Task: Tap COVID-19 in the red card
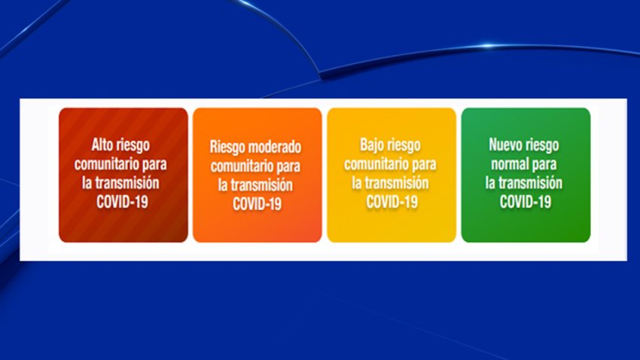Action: [122, 202]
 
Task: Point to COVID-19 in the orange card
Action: [258, 203]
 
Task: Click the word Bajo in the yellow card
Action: [371, 145]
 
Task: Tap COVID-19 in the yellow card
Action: [392, 202]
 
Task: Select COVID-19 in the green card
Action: [526, 202]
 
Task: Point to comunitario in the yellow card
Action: [374, 164]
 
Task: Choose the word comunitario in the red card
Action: [104, 164]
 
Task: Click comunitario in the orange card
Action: [240, 166]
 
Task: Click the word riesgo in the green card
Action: [542, 145]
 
